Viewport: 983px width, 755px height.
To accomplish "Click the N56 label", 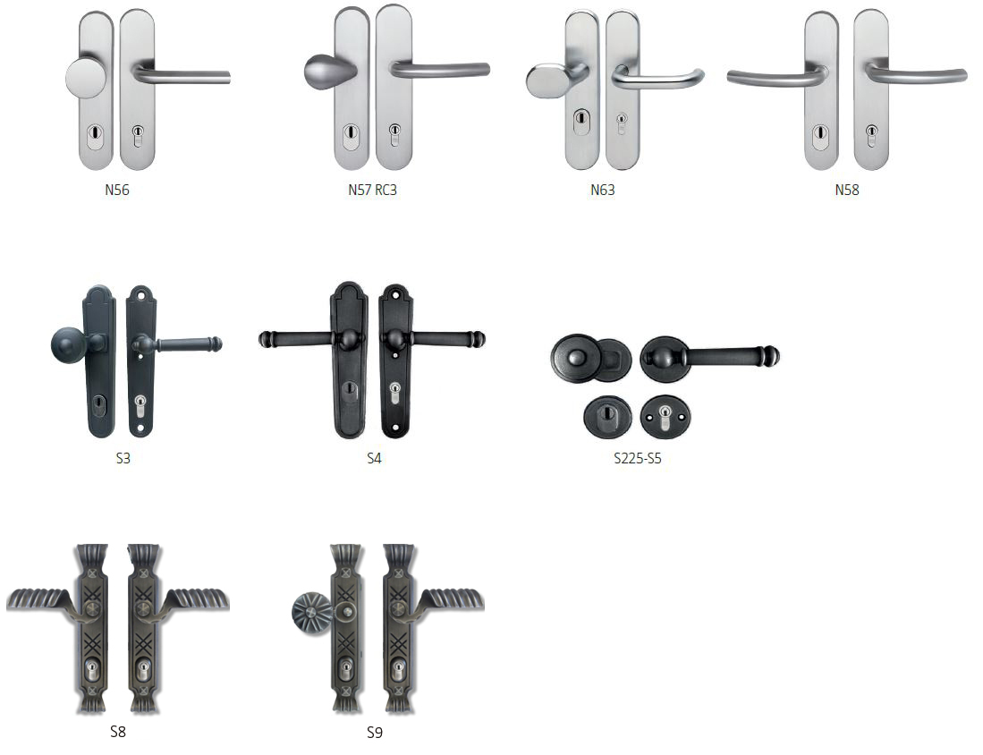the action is (x=117, y=190).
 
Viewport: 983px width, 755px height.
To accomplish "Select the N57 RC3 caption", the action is (x=372, y=190).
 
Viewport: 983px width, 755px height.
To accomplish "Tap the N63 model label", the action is (x=603, y=190).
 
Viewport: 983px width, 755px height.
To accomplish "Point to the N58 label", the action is (x=847, y=190).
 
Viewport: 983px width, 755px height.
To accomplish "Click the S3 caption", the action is (x=123, y=458).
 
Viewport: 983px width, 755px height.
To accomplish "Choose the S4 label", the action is (x=374, y=458).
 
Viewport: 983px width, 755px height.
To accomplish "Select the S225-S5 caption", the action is (x=638, y=458).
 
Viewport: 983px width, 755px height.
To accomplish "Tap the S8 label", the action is (x=118, y=732).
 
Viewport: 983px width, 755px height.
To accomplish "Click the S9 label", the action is (x=374, y=732).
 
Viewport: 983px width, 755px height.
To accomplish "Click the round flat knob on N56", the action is (x=86, y=78).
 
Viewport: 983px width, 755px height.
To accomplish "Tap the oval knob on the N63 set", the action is (x=547, y=81).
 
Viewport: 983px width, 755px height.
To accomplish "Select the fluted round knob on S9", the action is (x=312, y=614).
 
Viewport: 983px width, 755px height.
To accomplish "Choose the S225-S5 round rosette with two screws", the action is (x=665, y=416).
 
